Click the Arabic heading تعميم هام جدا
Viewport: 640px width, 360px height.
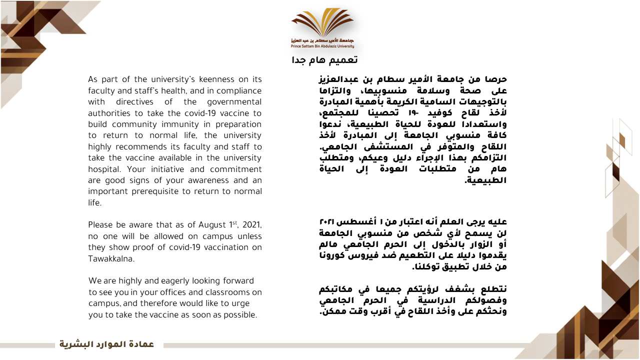pos(324,60)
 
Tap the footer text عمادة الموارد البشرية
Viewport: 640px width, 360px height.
pos(107,344)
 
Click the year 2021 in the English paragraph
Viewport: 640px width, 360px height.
pos(250,224)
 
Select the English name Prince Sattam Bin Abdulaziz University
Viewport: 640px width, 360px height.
pos(322,46)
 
